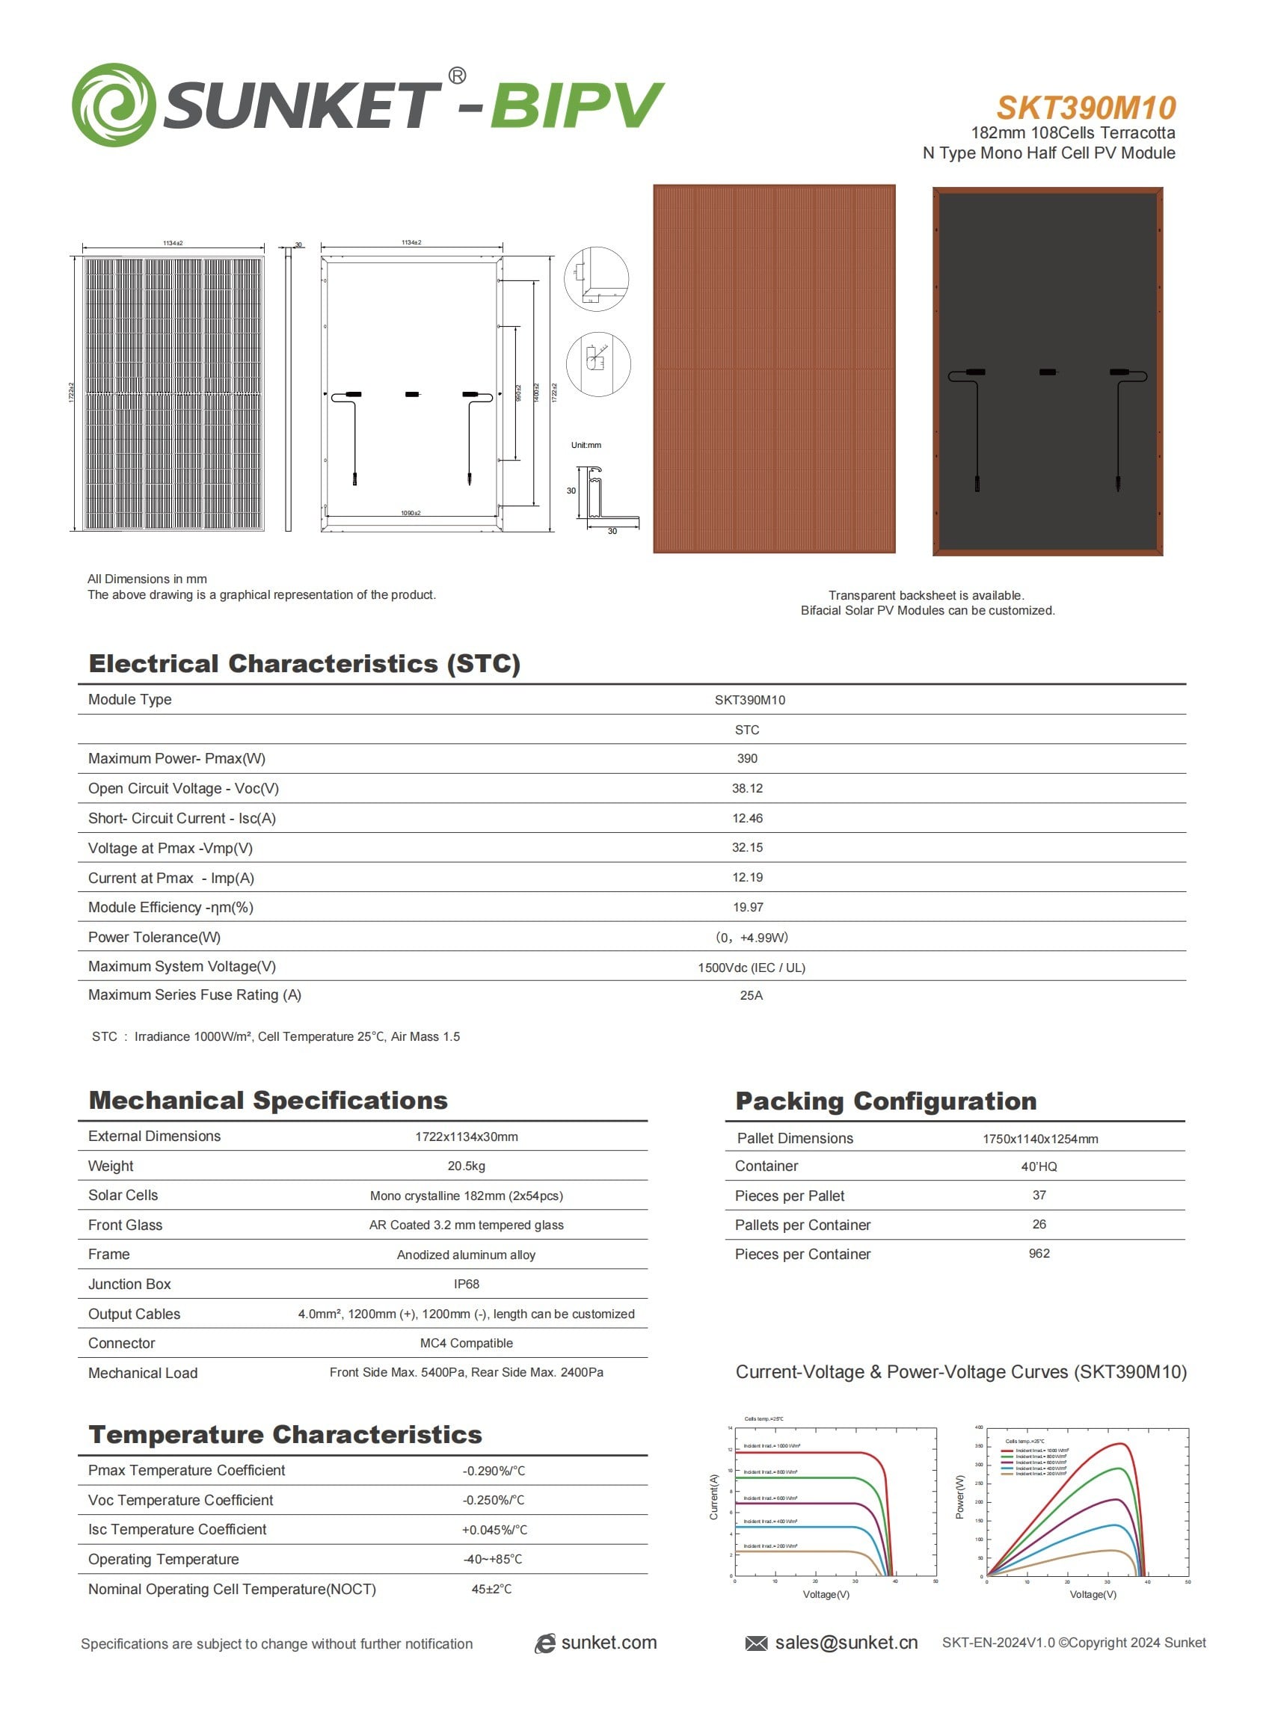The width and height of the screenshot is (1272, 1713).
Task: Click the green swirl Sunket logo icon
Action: [x=113, y=105]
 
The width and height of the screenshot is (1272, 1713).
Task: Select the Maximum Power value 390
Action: [x=746, y=758]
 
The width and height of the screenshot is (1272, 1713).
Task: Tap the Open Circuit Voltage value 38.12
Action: [x=746, y=788]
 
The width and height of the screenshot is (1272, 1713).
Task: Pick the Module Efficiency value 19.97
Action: [x=747, y=907]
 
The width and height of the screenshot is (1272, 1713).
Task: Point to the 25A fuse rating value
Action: [x=751, y=995]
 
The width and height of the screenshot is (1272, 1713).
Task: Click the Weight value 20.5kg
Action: [x=466, y=1166]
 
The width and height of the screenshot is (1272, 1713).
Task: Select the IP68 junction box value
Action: [x=466, y=1283]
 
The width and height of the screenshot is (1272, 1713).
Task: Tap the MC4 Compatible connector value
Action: [x=466, y=1343]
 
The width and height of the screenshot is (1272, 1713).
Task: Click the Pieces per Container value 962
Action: [x=1039, y=1253]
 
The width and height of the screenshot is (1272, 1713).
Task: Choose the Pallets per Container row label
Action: [x=802, y=1225]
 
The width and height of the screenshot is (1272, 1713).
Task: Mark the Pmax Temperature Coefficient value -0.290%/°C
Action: [x=494, y=1471]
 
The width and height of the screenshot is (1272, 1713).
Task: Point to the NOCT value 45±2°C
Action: [x=491, y=1589]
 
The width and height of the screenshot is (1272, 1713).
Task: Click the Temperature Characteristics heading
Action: [x=285, y=1434]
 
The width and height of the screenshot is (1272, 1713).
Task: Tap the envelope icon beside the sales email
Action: [x=756, y=1643]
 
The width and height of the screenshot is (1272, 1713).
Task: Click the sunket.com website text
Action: [x=608, y=1643]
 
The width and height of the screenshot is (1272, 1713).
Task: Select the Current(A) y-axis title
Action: [x=713, y=1497]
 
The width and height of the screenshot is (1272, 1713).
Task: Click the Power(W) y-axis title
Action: [x=959, y=1497]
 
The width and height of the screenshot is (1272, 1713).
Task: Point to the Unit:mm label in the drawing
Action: [x=586, y=445]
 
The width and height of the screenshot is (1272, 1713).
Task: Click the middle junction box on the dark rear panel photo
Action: [x=1047, y=372]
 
